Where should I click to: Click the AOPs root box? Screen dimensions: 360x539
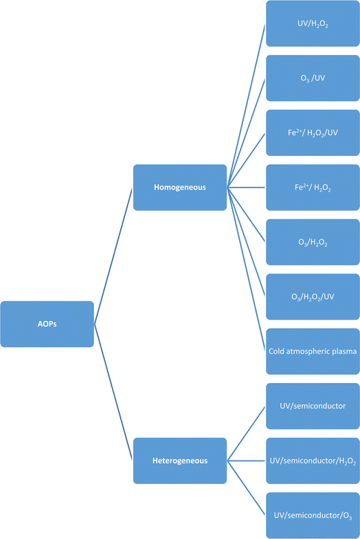pos(47,324)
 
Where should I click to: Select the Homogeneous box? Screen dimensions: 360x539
pos(180,187)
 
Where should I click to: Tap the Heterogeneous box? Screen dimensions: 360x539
pos(180,461)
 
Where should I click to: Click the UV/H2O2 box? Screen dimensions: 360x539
pos(313,23)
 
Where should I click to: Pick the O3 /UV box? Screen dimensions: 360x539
pos(313,78)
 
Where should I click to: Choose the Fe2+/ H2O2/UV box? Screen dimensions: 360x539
pos(313,133)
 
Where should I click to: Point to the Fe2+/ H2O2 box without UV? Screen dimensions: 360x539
pos(313,187)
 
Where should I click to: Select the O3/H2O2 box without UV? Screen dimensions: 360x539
pos(313,242)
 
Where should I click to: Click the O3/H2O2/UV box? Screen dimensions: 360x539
pos(313,297)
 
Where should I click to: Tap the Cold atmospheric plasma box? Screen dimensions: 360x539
pos(313,351)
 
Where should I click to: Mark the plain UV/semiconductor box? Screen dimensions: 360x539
pos(313,406)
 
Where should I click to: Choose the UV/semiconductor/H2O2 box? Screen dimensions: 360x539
pos(313,461)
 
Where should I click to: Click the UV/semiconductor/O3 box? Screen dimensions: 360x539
pos(313,516)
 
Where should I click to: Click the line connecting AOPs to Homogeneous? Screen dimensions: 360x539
pos(113,256)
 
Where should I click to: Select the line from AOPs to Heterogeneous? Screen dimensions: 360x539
pos(113,392)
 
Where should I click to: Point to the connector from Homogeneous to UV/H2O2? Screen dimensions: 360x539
pos(246,106)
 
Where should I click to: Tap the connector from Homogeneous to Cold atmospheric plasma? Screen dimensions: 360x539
pos(246,269)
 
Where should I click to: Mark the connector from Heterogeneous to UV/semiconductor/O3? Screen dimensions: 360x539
pos(246,488)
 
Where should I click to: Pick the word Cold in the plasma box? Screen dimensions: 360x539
pos(276,351)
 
